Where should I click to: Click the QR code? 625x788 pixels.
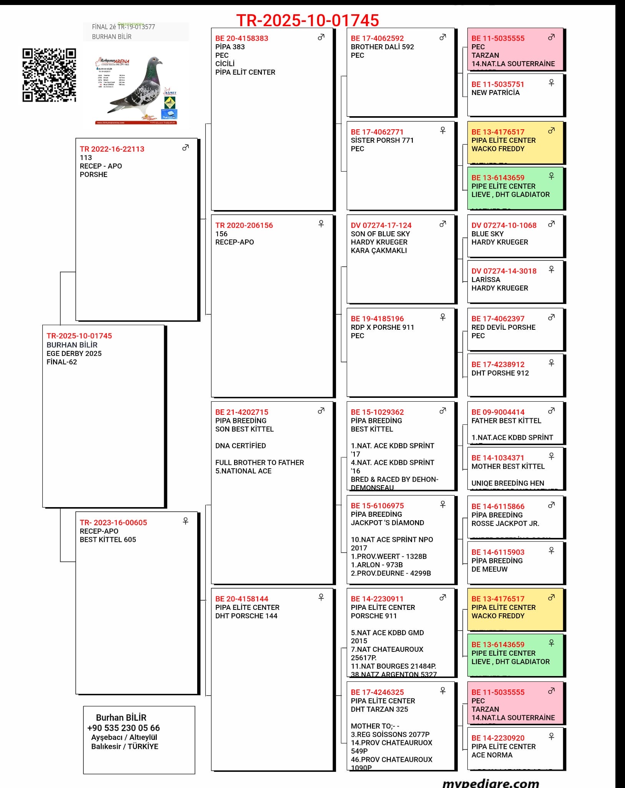point(49,75)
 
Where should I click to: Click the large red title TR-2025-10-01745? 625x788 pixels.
point(308,20)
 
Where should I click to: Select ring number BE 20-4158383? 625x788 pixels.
point(241,38)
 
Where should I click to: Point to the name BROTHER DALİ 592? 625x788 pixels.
point(382,47)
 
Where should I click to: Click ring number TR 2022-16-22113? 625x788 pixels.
point(112,149)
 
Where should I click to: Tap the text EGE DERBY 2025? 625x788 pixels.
point(74,353)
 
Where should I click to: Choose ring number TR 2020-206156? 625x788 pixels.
point(244,225)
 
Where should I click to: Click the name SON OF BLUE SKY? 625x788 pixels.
point(380,234)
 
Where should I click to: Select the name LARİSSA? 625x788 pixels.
point(485,280)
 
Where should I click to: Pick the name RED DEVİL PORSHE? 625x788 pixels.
point(503,327)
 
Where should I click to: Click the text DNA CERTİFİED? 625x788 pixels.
point(240,446)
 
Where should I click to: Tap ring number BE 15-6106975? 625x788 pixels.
point(377,506)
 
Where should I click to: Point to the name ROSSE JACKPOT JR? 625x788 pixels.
point(505,524)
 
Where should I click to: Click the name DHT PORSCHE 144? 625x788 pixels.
point(246,616)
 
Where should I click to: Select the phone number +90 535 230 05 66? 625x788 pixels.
point(123,728)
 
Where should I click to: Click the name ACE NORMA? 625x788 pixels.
point(492,755)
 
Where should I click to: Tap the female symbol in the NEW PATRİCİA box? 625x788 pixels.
point(551,83)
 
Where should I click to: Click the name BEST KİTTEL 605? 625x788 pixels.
point(108,539)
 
